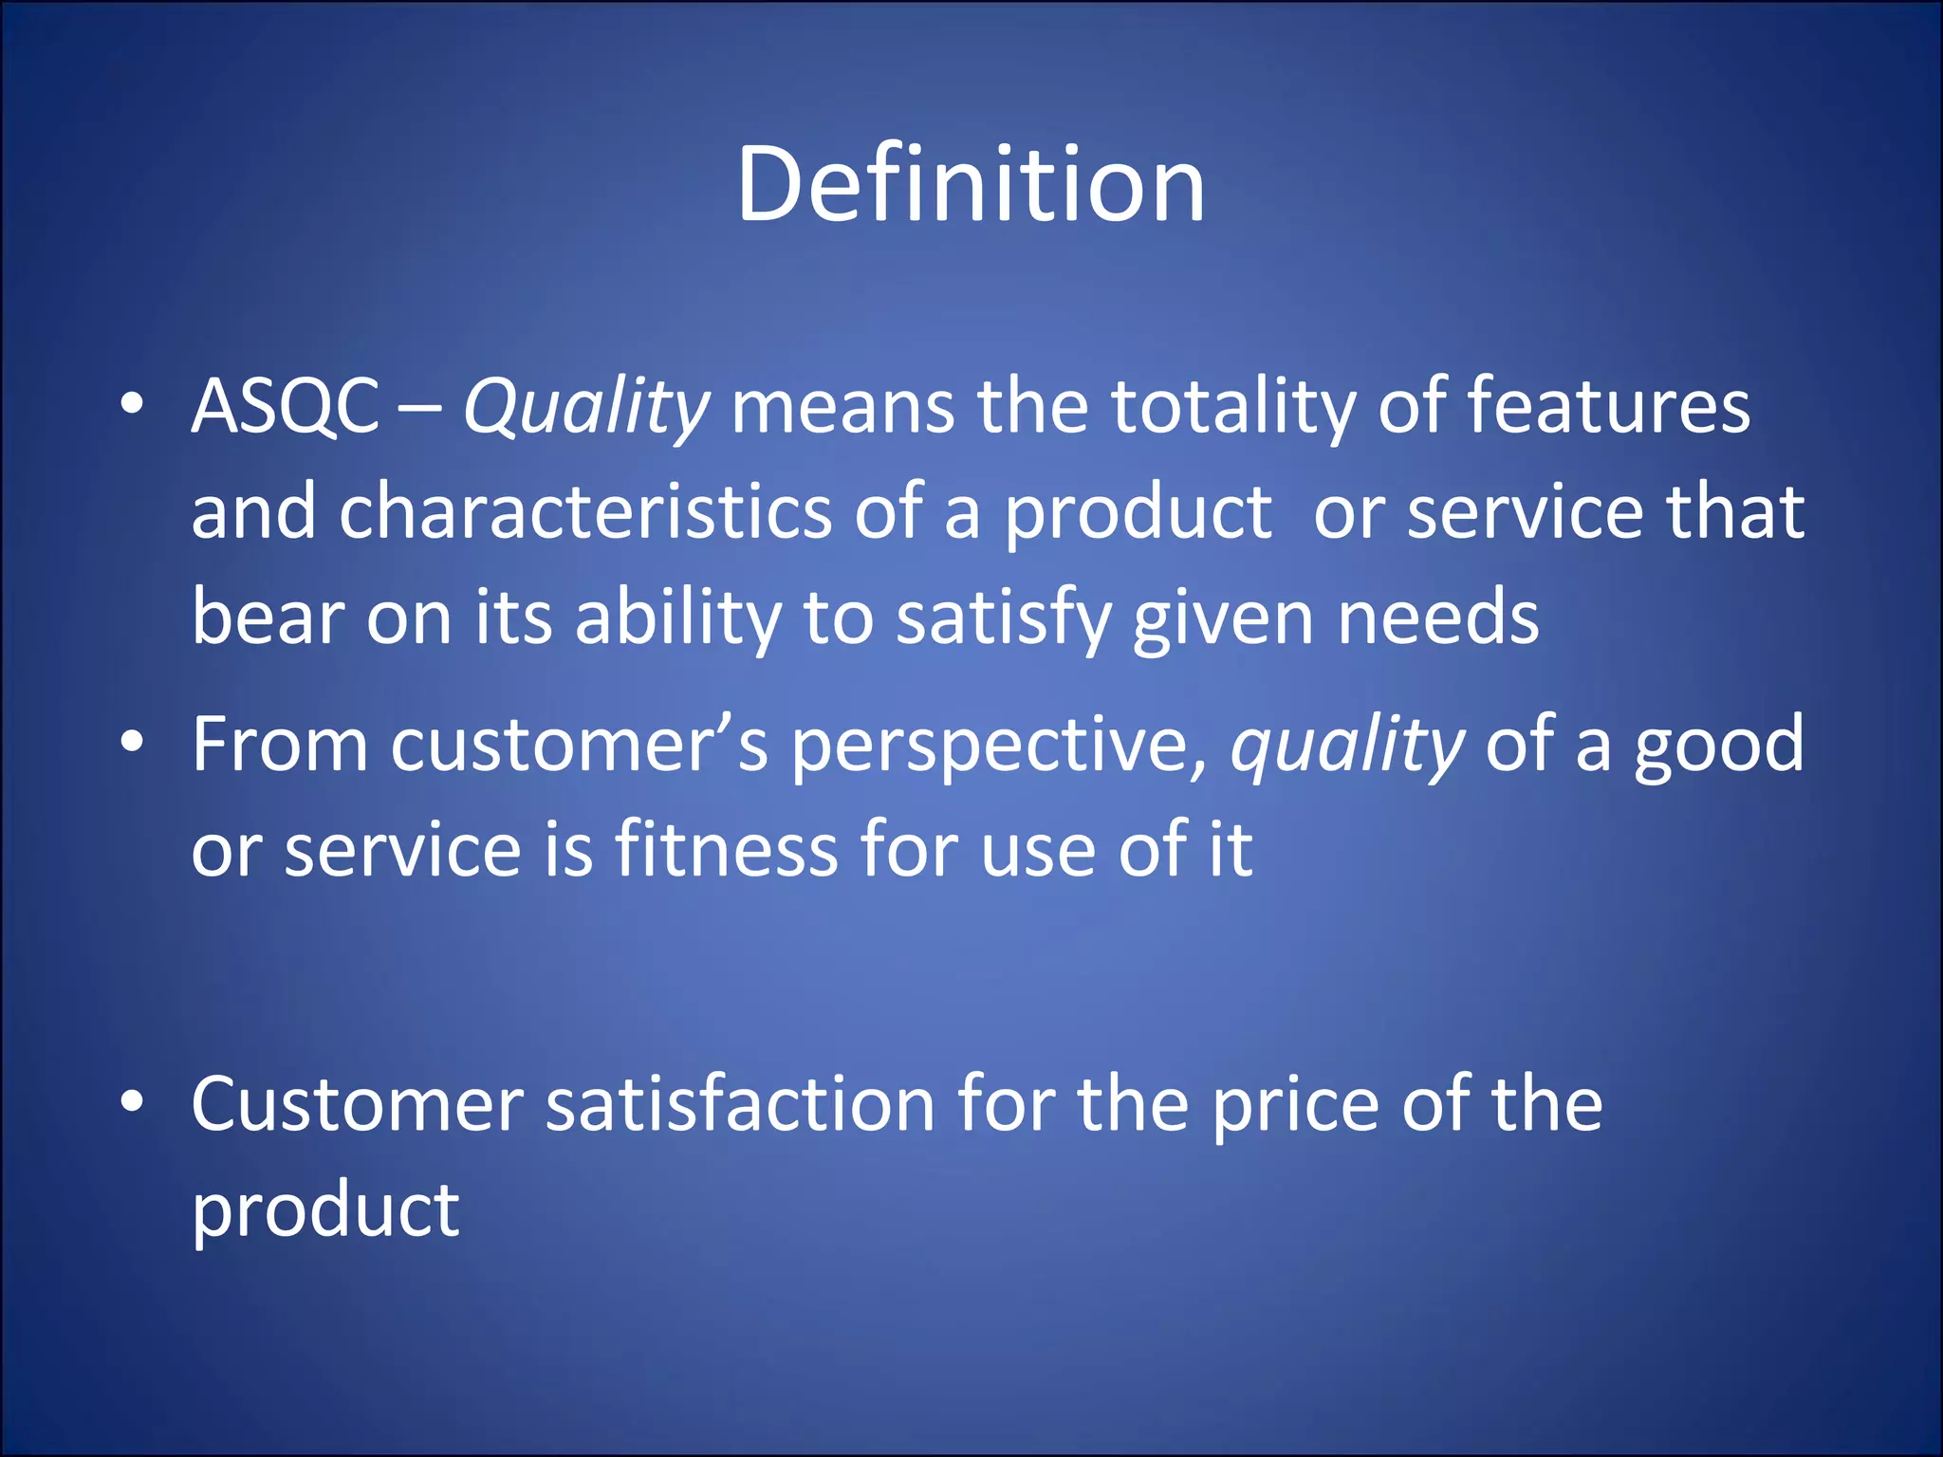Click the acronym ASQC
[285, 406]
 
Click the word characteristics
[585, 512]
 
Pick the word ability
[677, 618]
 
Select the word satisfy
[1003, 618]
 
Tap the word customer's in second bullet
[579, 746]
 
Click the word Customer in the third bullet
[357, 1104]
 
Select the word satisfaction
[740, 1104]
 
